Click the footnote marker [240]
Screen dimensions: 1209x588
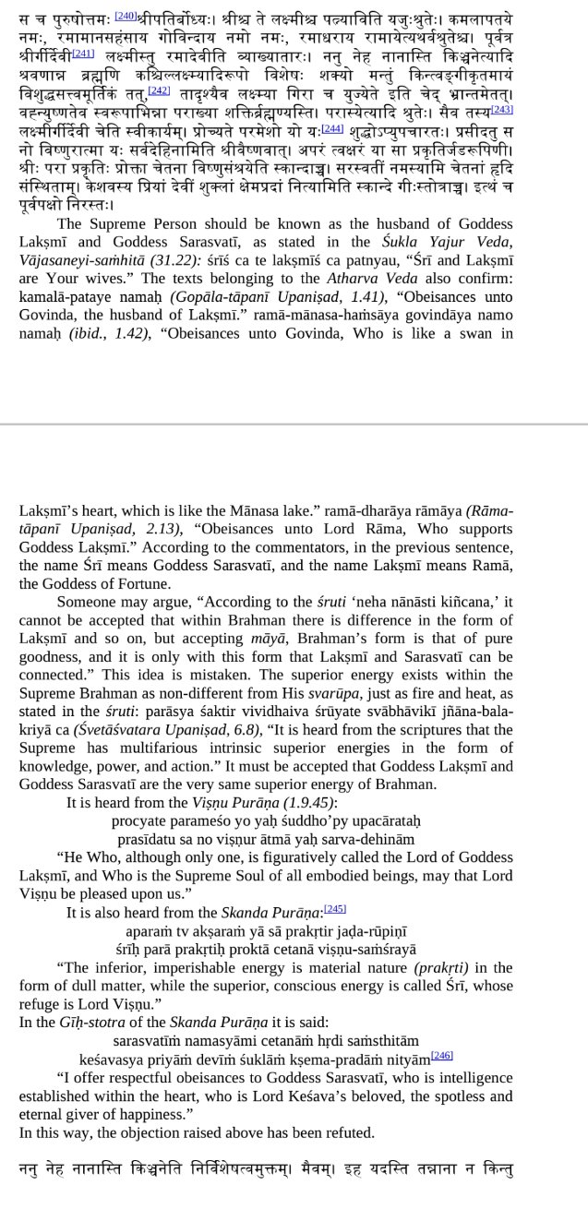(126, 16)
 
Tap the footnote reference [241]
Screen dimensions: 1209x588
(83, 53)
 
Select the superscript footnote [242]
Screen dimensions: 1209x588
(159, 90)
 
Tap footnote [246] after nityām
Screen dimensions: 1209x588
(442, 1055)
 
